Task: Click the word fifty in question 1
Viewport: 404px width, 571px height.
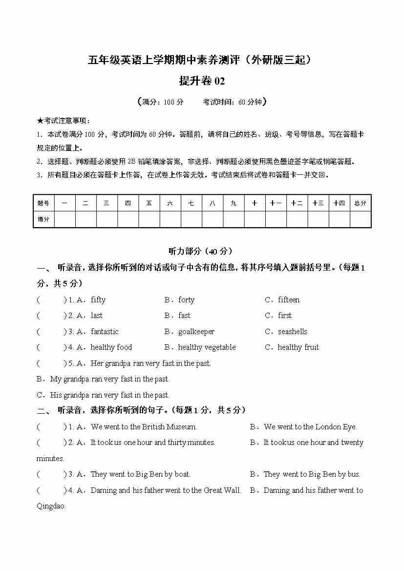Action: coord(98,300)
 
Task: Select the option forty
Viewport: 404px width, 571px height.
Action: coord(186,300)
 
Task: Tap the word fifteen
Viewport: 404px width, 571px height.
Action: coord(289,300)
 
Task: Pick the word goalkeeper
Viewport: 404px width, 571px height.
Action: coord(196,332)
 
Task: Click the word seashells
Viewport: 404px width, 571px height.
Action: coord(293,332)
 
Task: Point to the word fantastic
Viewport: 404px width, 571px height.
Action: coord(105,332)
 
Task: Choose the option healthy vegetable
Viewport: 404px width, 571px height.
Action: coord(207,347)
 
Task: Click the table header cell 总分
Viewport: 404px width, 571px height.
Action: coord(360,203)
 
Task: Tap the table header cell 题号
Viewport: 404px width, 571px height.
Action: coord(43,203)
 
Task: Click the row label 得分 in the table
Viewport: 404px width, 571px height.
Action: coord(43,219)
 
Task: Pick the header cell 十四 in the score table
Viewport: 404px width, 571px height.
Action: coord(339,203)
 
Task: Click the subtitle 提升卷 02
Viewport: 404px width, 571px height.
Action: coord(202,81)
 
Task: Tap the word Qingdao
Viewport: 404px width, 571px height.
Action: coord(51,506)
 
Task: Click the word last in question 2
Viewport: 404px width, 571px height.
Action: coord(97,316)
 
